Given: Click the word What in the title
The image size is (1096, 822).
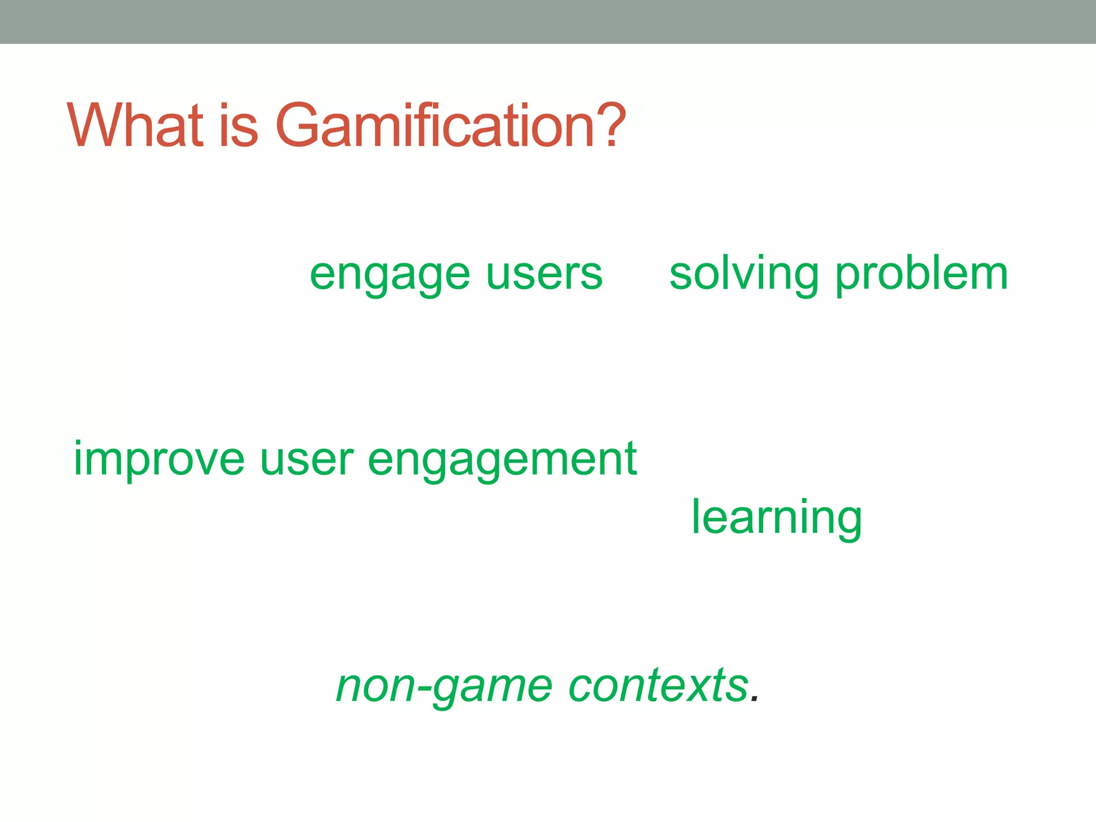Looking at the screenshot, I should click(135, 125).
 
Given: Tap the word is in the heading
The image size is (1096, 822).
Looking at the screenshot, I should click(239, 125).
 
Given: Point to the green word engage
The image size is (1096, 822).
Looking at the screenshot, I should click(390, 276).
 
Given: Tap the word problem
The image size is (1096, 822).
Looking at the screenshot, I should click(922, 276).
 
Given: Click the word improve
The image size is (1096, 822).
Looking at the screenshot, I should click(159, 460).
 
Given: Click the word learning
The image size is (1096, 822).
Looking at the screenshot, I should click(777, 518).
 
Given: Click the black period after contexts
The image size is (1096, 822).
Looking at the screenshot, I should click(755, 699).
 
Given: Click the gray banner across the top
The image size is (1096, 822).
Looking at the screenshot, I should click(548, 21).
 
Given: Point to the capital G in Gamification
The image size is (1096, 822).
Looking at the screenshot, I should click(298, 125).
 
